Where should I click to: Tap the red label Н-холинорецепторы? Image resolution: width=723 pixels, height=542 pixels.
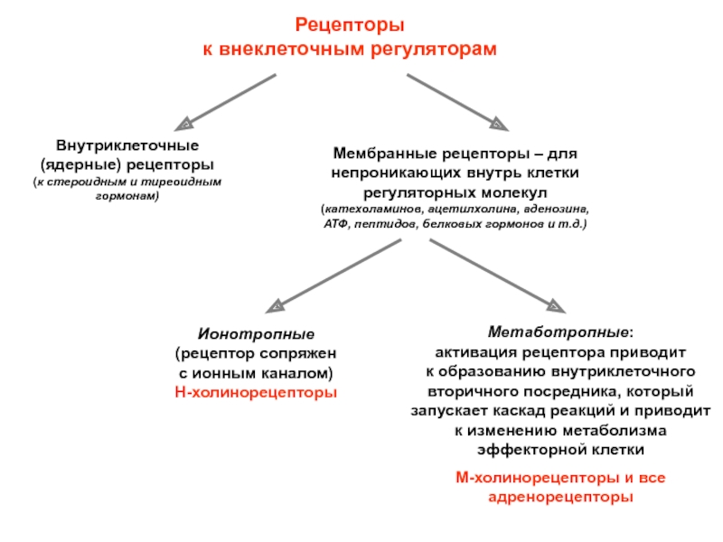click(255, 393)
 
